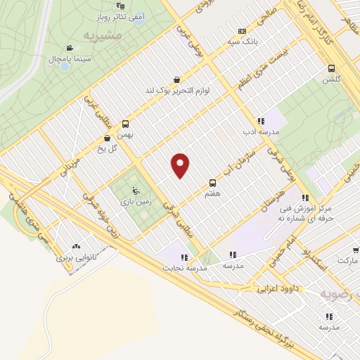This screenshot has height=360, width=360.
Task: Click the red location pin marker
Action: point(181,166)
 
